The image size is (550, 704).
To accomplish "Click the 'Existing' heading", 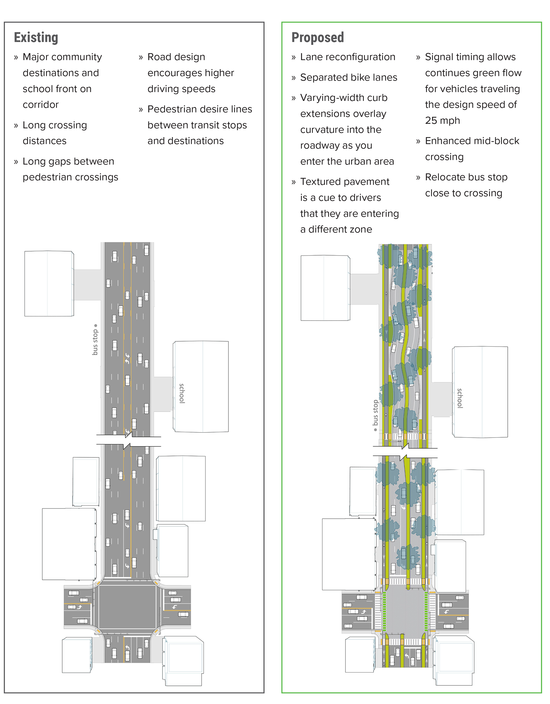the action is pyautogui.click(x=36, y=38).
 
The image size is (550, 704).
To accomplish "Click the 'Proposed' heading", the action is pyautogui.click(x=317, y=38).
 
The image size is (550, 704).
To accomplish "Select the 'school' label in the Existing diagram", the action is pyautogui.click(x=182, y=393).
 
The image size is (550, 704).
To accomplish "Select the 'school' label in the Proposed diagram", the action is pyautogui.click(x=460, y=398).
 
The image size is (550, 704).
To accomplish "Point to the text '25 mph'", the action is pyautogui.click(x=442, y=120).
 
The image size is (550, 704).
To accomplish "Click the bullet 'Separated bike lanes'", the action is pyautogui.click(x=348, y=77).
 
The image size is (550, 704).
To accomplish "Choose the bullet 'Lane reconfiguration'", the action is pyautogui.click(x=347, y=57).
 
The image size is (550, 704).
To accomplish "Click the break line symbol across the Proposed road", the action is pyautogui.click(x=405, y=452).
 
